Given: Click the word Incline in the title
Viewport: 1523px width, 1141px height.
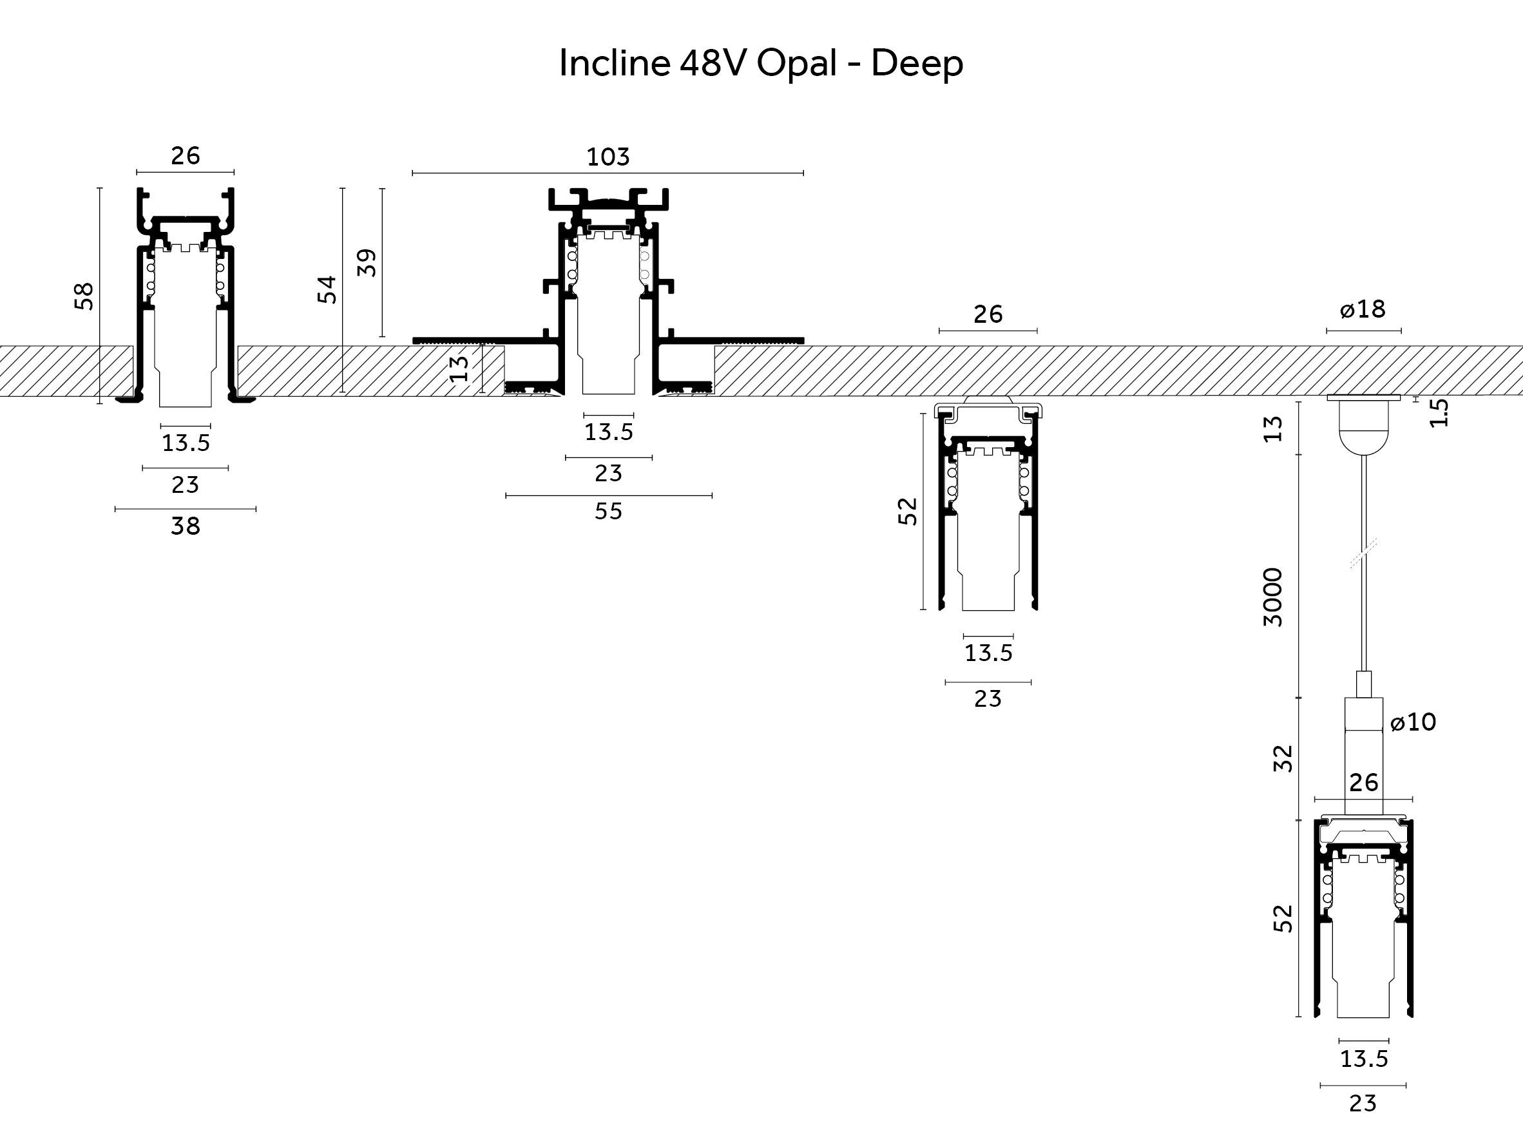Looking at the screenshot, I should click(x=614, y=63).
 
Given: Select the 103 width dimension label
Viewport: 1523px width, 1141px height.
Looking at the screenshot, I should click(x=608, y=157).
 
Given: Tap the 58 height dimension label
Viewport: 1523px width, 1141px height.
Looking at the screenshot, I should click(x=84, y=296).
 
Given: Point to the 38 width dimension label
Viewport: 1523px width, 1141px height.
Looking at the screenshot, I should click(x=185, y=526).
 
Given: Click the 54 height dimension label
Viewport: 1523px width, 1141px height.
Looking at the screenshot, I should click(x=327, y=289).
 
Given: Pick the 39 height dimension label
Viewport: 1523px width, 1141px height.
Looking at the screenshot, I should click(x=367, y=262).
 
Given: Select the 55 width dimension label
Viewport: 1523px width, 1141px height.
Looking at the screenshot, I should click(x=609, y=511).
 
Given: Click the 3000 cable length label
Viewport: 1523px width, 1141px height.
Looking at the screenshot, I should click(x=1274, y=597).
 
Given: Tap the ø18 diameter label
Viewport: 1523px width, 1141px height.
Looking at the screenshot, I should click(x=1363, y=309).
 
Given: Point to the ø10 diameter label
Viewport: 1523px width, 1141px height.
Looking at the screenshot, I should click(x=1413, y=722).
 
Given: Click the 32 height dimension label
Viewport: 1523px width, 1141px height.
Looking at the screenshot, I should click(x=1283, y=759).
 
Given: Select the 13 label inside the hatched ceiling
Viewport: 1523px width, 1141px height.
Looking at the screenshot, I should click(x=459, y=369).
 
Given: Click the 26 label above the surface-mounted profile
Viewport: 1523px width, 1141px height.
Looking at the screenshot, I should click(x=988, y=314).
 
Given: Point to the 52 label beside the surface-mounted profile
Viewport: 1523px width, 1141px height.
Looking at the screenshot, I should click(x=908, y=511).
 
